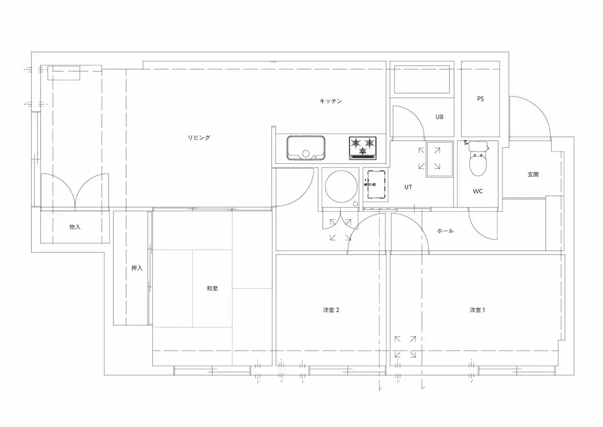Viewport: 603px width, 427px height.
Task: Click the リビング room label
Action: click(x=199, y=138)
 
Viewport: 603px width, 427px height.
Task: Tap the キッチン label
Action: click(x=331, y=101)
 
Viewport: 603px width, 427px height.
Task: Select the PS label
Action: click(x=480, y=99)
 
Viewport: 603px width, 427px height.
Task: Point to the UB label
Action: click(x=439, y=117)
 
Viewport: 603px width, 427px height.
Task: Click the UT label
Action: click(x=408, y=187)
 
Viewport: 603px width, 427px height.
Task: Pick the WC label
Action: click(x=477, y=191)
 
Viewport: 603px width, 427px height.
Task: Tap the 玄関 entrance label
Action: click(x=533, y=175)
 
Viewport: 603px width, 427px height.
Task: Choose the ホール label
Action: click(x=445, y=231)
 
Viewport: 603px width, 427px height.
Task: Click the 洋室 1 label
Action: click(x=477, y=310)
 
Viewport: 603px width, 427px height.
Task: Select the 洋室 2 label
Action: click(x=331, y=310)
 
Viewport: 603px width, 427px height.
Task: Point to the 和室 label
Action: click(x=212, y=289)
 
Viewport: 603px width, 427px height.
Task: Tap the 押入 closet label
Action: click(x=137, y=268)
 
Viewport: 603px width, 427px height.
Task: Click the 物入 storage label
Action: click(x=75, y=227)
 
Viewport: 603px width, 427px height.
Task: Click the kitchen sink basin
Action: click(x=306, y=148)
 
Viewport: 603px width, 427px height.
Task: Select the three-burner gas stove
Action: click(x=363, y=148)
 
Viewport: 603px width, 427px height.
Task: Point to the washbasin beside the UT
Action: click(x=375, y=184)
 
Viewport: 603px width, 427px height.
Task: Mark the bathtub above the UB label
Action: click(x=422, y=80)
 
